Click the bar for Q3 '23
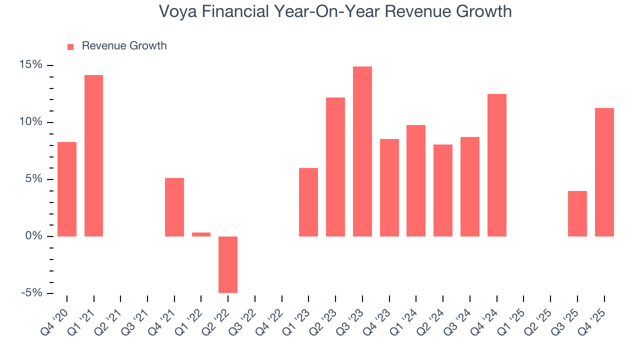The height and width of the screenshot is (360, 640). tap(362, 151)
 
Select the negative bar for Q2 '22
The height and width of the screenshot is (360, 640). tap(228, 264)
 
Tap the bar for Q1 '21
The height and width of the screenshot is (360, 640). tap(93, 155)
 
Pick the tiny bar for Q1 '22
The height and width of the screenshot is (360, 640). tap(201, 234)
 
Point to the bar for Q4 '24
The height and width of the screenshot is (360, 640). tap(496, 165)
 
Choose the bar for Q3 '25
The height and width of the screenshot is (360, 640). tap(577, 213)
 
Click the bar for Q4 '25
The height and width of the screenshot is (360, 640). tap(604, 172)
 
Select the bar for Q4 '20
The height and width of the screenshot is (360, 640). tap(67, 189)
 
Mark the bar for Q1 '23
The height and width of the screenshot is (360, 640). tap(308, 202)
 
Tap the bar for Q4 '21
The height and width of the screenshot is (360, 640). tap(174, 207)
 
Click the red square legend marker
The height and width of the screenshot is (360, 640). tap(70, 46)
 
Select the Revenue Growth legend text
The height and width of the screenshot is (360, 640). tap(124, 46)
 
